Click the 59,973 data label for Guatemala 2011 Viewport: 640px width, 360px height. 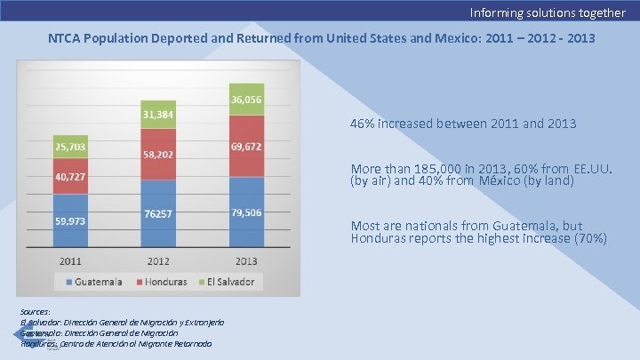(x=70, y=221)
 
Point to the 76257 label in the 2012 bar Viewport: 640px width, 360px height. (x=157, y=213)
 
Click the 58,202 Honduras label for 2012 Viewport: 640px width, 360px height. (x=157, y=154)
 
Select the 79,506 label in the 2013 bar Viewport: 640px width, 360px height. (x=246, y=212)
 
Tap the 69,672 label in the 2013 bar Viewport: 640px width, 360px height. (x=246, y=146)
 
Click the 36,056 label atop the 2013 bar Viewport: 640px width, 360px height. (x=246, y=100)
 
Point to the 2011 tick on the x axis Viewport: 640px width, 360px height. (x=70, y=261)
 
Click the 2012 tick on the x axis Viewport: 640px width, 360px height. (x=157, y=261)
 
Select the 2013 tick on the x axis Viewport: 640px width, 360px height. (x=246, y=261)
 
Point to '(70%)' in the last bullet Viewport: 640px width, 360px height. (x=589, y=238)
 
